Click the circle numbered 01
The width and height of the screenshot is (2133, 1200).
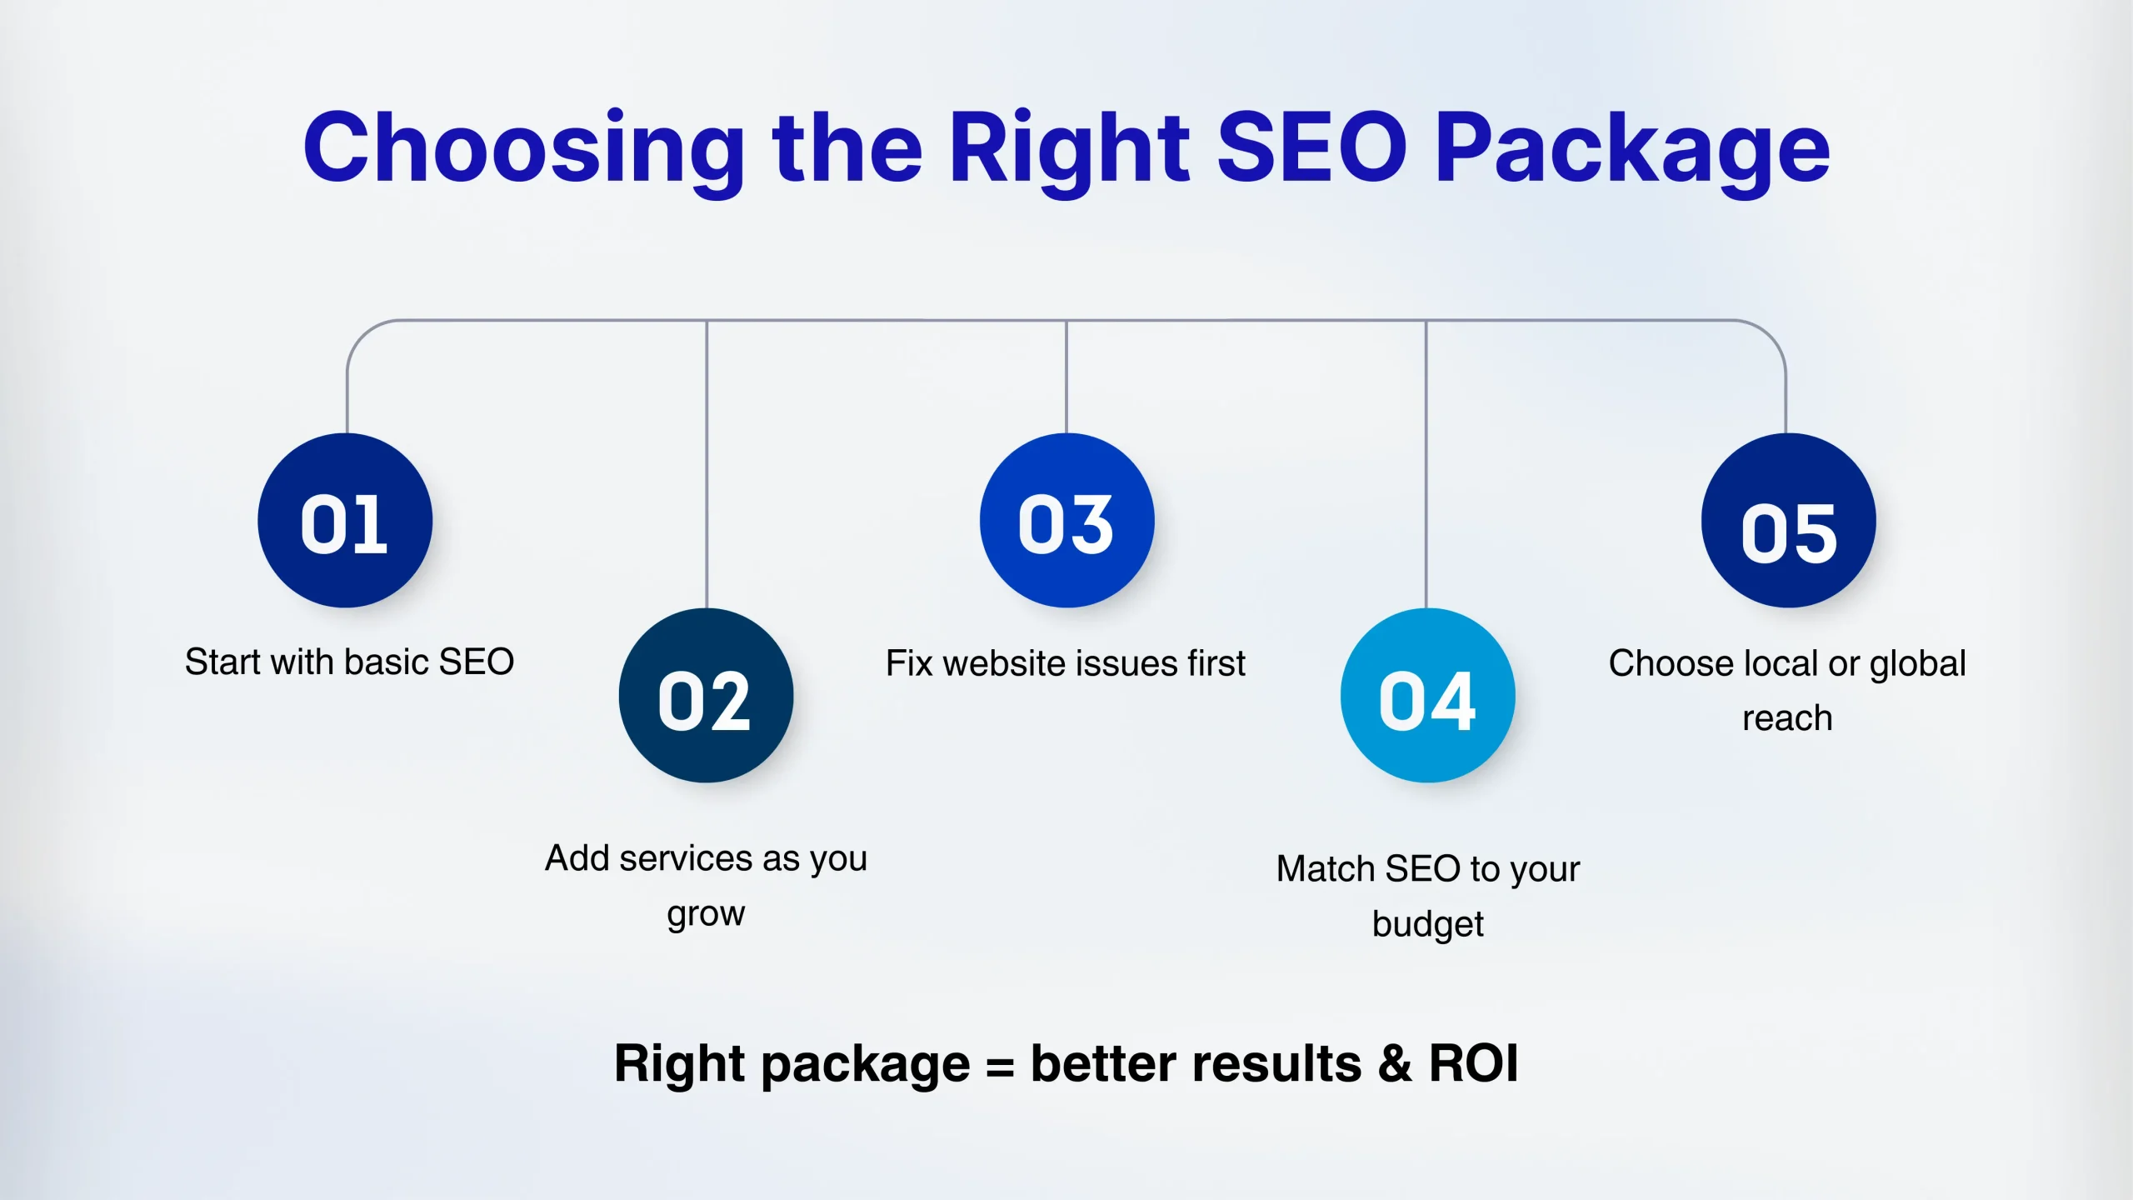coord(345,520)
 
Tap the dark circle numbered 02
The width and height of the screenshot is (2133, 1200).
coord(706,695)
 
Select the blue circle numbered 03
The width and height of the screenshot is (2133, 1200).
coord(1066,520)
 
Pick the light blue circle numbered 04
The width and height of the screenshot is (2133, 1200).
coord(1427,695)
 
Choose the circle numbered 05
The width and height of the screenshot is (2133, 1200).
coord(1788,520)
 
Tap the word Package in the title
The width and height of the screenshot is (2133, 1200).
coord(1632,150)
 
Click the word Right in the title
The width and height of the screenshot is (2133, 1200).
coord(1070,150)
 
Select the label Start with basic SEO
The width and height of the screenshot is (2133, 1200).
coord(349,662)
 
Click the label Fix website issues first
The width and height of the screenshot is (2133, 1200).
coord(1066,663)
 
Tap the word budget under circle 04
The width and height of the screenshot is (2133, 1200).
coord(1428,924)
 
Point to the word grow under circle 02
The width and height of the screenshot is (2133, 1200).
coord(706,914)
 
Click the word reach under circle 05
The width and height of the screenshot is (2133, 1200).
coord(1787,718)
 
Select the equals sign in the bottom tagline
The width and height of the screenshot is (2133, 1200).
coord(1000,1066)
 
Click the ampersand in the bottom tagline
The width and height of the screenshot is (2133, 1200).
coord(1395,1063)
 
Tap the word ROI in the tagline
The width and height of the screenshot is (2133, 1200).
coord(1474,1063)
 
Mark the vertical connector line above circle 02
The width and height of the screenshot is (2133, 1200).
coord(707,464)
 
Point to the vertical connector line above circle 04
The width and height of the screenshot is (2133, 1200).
coord(1426,464)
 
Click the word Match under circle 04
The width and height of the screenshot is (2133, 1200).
coord(1326,868)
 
